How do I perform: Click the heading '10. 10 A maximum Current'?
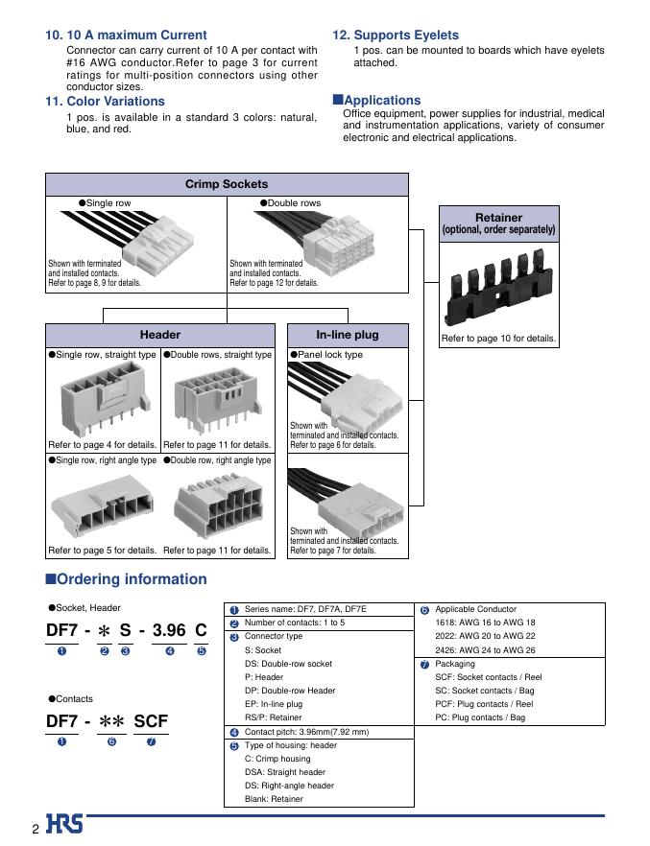pyautogui.click(x=126, y=35)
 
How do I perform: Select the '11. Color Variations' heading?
pyautogui.click(x=105, y=102)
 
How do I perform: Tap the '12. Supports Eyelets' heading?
pyautogui.click(x=396, y=35)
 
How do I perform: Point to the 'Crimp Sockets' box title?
pyautogui.click(x=227, y=184)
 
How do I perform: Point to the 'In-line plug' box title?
pyautogui.click(x=348, y=335)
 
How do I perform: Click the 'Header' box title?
pyautogui.click(x=160, y=335)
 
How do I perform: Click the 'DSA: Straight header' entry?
pyautogui.click(x=285, y=772)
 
